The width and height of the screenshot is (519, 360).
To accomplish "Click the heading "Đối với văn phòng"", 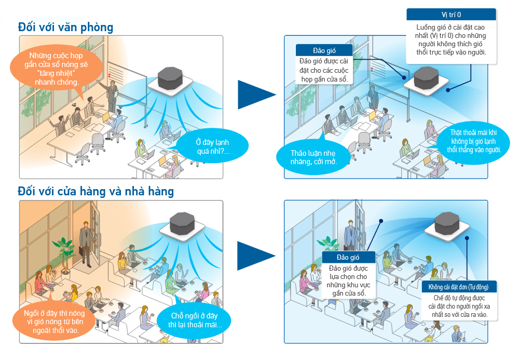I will pyautogui.click(x=65, y=26).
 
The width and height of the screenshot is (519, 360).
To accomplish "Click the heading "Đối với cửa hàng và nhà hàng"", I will pyautogui.click(x=95, y=191).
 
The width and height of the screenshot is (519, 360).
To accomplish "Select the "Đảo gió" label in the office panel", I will pyautogui.click(x=324, y=50).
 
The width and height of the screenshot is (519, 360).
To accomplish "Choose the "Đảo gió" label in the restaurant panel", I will pyautogui.click(x=348, y=257).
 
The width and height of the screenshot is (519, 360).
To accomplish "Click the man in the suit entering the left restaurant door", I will pyautogui.click(x=85, y=244).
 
